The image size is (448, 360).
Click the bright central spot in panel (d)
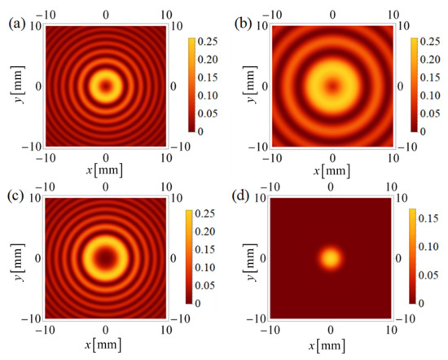click(330, 259)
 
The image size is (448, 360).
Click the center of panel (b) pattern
click(330, 85)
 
